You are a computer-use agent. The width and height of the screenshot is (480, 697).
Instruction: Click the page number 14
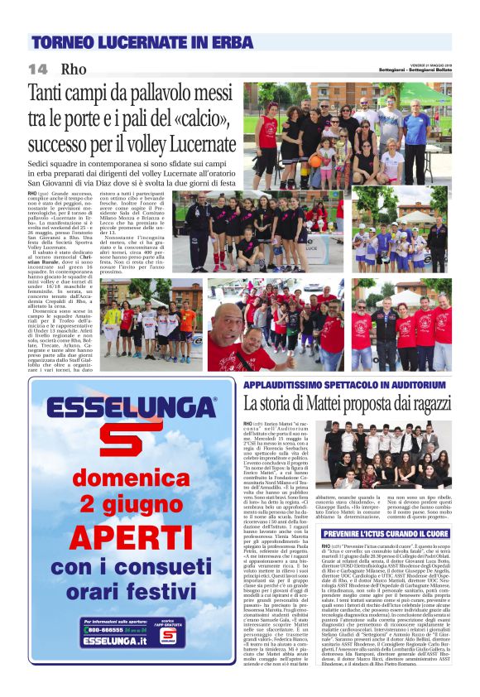[x=37, y=69]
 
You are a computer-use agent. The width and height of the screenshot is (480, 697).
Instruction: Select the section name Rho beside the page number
[x=74, y=69]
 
